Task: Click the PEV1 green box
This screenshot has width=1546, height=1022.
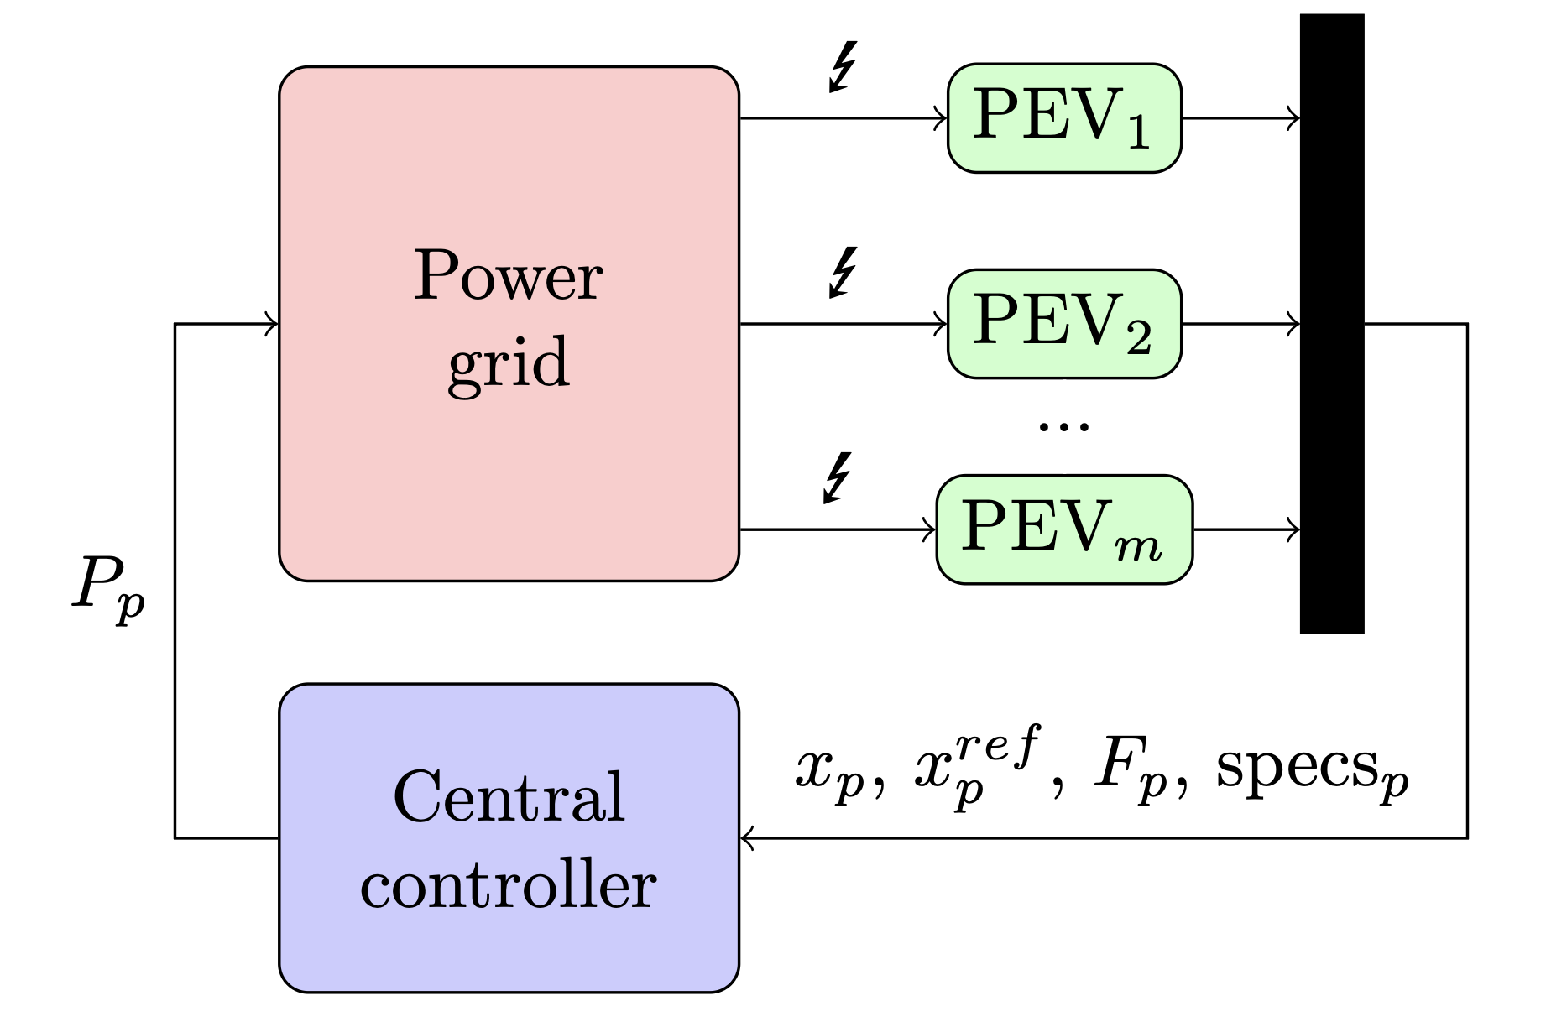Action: (1063, 118)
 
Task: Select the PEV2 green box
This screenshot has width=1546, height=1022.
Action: (1063, 324)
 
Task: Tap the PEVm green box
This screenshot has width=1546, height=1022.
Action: (1063, 529)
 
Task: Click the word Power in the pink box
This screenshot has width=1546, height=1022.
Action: (508, 276)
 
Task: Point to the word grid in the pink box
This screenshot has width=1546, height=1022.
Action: (508, 363)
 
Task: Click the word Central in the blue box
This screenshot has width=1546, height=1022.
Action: (508, 797)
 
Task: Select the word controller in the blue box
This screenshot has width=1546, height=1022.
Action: (508, 886)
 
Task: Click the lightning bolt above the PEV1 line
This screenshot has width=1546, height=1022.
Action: (843, 66)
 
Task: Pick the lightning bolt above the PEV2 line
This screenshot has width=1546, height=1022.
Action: (843, 272)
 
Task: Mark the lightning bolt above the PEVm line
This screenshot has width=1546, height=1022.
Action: (838, 478)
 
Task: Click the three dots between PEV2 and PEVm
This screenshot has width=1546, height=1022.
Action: (1063, 426)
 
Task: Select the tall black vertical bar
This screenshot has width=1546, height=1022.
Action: (1331, 324)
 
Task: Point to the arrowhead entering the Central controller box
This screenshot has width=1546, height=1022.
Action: (747, 837)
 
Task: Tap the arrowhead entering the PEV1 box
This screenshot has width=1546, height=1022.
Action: (941, 118)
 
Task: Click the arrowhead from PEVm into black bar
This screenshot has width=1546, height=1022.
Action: (1293, 529)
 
